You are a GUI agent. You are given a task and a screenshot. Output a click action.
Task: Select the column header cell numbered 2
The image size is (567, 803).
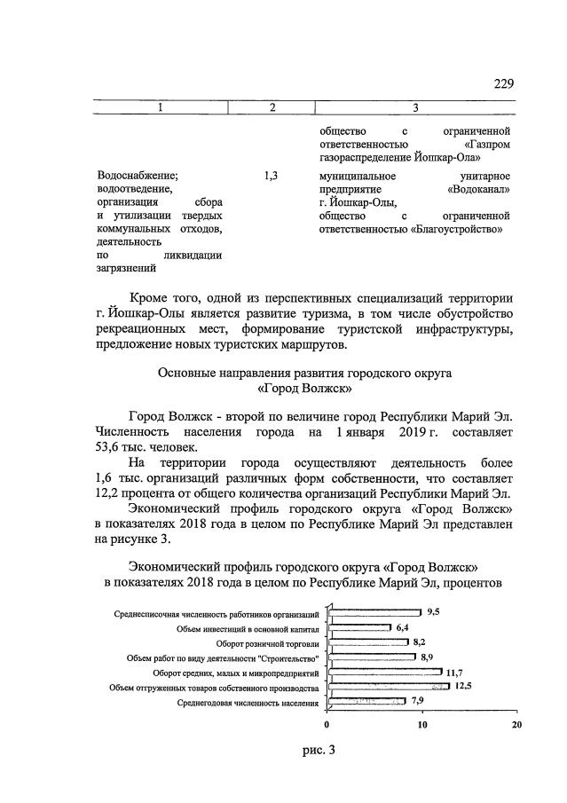[272, 108]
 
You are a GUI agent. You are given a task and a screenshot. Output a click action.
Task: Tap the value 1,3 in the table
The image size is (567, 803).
[272, 177]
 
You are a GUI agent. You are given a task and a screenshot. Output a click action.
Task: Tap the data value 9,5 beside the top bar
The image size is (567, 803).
[433, 612]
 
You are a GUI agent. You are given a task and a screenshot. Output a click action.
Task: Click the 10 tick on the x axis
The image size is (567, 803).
[422, 723]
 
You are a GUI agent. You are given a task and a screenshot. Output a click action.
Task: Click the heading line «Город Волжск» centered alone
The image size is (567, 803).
[303, 389]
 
